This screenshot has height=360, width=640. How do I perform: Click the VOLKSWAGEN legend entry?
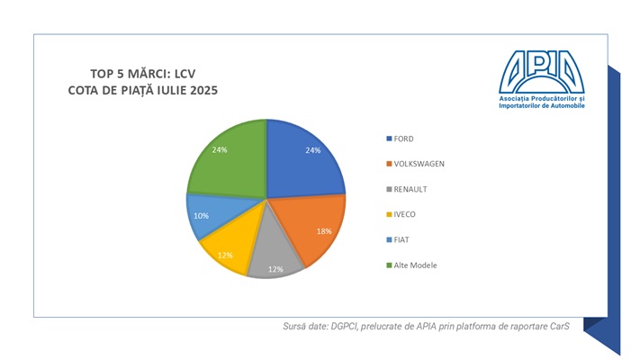click(419, 163)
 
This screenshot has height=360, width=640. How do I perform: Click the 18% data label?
click(324, 230)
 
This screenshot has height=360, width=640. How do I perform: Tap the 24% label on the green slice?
click(220, 149)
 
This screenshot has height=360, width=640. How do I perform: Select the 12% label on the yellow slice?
click(225, 255)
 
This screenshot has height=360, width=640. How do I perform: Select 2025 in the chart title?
click(200, 91)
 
